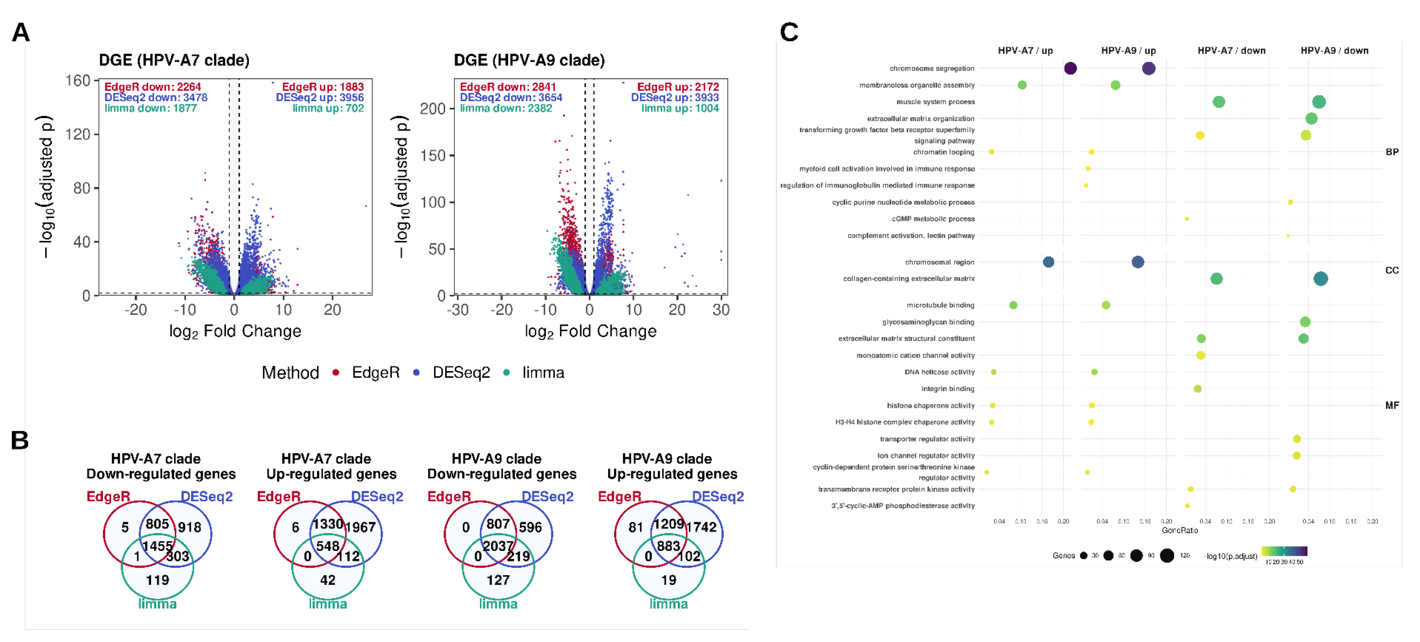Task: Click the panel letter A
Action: [x=20, y=32]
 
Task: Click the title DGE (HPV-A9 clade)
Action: [x=529, y=60]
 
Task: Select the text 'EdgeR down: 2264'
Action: [x=153, y=87]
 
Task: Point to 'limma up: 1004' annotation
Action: [x=680, y=108]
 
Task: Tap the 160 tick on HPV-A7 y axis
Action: [x=78, y=81]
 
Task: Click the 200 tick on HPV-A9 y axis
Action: [x=433, y=109]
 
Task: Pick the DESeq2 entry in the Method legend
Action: [x=460, y=373]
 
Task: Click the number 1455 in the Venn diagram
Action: [x=158, y=546]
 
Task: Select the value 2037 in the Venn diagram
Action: [x=498, y=546]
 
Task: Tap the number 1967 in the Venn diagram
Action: [x=360, y=527]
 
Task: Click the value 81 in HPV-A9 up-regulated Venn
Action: [x=635, y=527]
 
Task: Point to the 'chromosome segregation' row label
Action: [x=931, y=68]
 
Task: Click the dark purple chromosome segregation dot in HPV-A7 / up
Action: [x=1070, y=68]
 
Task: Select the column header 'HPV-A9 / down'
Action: [x=1334, y=51]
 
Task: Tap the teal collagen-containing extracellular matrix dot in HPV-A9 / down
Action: [x=1320, y=279]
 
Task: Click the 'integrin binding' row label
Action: [x=948, y=389]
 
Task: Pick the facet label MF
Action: [x=1391, y=405]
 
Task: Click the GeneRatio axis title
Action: [x=1180, y=530]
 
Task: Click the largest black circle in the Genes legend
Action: [x=1166, y=555]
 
